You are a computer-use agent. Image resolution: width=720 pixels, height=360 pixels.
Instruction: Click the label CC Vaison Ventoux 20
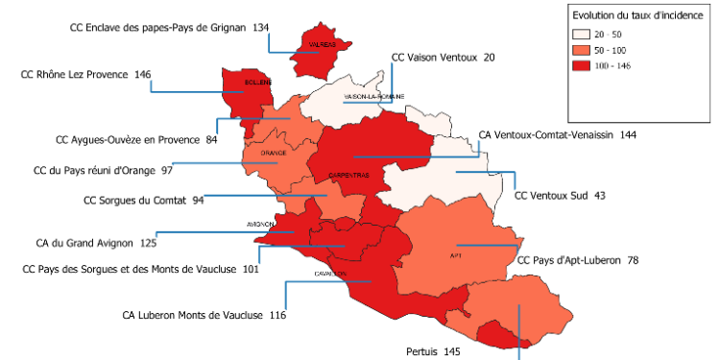pos(444,59)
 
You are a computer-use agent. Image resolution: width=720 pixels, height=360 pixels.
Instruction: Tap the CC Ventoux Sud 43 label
pos(560,196)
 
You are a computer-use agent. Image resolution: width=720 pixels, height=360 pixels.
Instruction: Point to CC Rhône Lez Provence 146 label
pos(85,74)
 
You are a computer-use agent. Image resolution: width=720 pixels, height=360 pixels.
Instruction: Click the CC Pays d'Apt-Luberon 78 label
pos(578,260)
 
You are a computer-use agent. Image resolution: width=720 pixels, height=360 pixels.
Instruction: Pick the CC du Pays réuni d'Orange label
pos(102,171)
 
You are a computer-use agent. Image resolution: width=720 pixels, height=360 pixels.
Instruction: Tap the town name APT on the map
pos(455,255)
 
